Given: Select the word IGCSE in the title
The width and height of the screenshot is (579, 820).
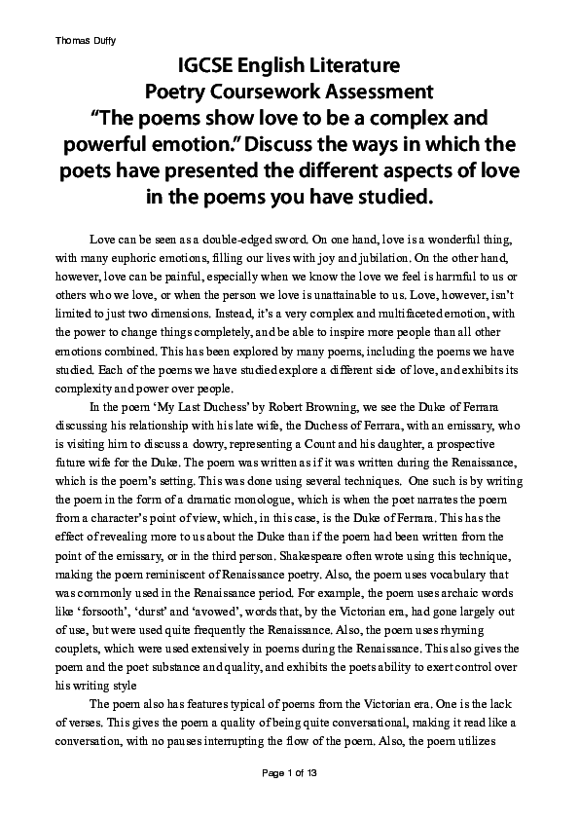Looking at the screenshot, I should click(207, 67).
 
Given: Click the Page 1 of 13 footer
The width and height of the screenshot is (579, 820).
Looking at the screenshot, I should click(289, 800).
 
